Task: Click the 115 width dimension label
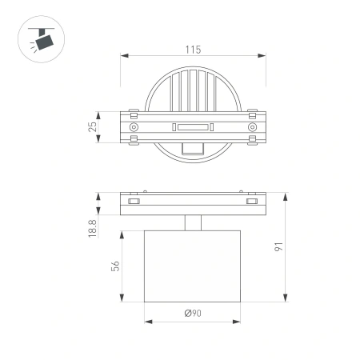[192, 50]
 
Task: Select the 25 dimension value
[94, 127]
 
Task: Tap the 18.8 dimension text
[94, 230]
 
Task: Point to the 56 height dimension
[116, 267]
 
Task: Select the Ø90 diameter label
[192, 314]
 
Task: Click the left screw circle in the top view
[134, 127]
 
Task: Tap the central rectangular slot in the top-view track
[192, 127]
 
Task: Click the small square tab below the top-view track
[192, 149]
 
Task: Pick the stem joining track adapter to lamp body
[192, 223]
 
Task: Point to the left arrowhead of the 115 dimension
[122, 57]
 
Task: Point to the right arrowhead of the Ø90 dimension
[239, 322]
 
